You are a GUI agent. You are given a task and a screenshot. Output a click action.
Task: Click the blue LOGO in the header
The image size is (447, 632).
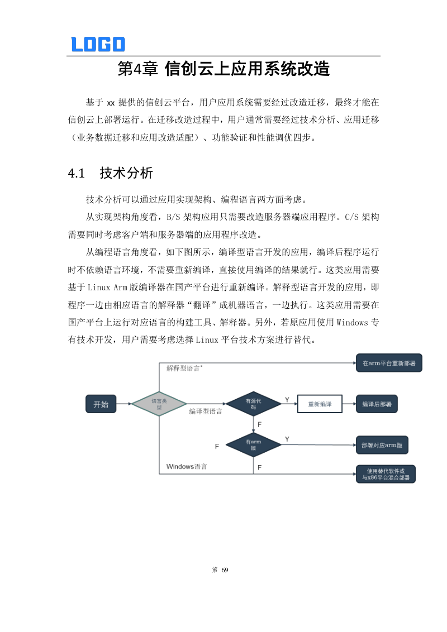[x=98, y=44]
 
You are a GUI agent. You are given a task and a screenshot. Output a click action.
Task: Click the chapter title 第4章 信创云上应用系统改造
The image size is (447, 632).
[x=223, y=69]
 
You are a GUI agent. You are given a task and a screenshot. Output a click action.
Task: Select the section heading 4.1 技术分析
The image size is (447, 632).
[x=110, y=173]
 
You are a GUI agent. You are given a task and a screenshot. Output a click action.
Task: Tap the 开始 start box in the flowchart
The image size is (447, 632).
[x=101, y=404]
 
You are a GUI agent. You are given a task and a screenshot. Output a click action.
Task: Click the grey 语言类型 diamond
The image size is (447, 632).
[x=159, y=404]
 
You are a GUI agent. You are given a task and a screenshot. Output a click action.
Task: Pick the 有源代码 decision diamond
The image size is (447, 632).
[x=253, y=404]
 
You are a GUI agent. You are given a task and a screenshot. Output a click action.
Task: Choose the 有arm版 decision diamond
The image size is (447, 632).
[x=253, y=444]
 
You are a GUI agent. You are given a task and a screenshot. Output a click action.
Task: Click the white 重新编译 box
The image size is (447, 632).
[x=319, y=404]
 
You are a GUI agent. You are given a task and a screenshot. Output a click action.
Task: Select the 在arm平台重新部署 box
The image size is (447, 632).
[x=389, y=363]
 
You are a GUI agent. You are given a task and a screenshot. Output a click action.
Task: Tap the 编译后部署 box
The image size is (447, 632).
[x=377, y=404]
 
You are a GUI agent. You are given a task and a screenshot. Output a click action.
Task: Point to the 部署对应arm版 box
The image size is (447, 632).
[x=382, y=445]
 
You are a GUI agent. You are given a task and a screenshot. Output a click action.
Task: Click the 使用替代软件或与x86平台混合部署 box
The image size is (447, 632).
[x=386, y=474]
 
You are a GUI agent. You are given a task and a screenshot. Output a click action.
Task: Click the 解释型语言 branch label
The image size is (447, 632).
[x=184, y=368]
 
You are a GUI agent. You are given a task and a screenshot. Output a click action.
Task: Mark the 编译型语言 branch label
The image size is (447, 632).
[x=205, y=411]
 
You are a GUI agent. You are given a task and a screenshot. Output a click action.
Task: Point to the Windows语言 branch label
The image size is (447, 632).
[x=187, y=466]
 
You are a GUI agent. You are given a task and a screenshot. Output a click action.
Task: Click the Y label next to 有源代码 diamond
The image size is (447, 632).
[x=287, y=400]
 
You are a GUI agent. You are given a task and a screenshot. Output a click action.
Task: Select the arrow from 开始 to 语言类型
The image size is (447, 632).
[x=123, y=404]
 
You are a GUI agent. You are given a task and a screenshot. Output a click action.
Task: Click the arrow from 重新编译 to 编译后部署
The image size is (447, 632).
[x=348, y=404]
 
